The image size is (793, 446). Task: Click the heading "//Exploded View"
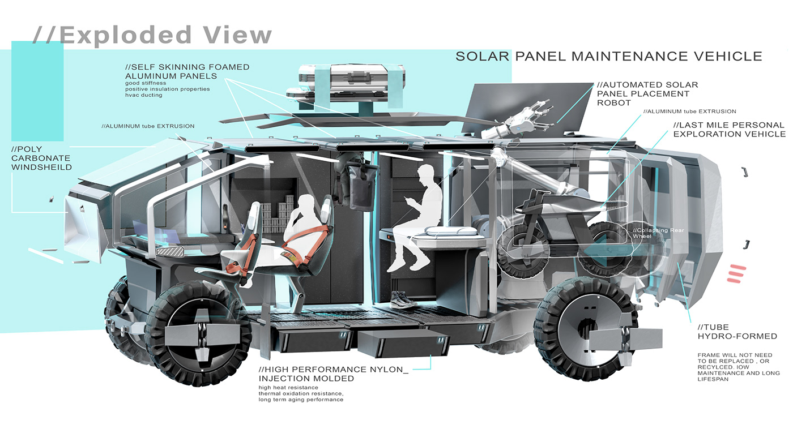click(152, 35)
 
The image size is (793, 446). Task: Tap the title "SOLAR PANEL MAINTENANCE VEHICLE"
click(609, 56)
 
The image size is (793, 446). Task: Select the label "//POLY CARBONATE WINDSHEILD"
click(41, 158)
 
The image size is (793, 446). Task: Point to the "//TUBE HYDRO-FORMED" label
click(737, 332)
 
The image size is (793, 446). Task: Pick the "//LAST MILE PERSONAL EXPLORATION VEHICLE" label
click(729, 130)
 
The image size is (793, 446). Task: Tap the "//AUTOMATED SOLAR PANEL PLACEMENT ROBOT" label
click(647, 93)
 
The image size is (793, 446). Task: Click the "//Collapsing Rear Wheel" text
click(654, 233)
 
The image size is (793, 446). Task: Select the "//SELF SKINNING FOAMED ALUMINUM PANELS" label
click(187, 71)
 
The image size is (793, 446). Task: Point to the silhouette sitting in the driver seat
click(303, 226)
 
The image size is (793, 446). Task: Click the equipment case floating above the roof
click(349, 85)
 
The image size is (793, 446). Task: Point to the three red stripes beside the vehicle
click(737, 273)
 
